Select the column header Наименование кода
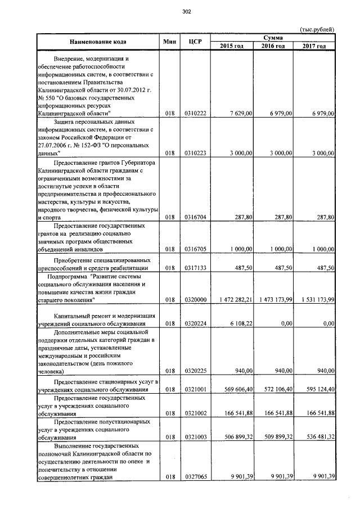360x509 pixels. (x=98, y=42)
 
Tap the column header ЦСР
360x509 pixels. (x=195, y=42)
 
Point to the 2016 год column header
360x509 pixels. (x=273, y=46)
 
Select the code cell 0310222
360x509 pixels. (x=195, y=114)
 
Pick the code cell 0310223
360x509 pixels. (x=195, y=152)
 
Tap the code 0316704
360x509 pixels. (x=195, y=217)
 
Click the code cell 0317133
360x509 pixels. (x=195, y=268)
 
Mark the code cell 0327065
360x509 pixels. (x=195, y=477)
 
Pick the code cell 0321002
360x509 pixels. (x=195, y=413)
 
